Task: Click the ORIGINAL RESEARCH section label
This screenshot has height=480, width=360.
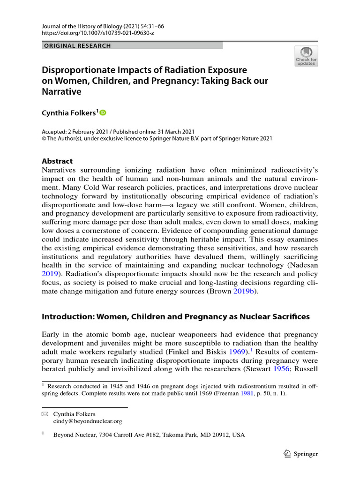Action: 77,46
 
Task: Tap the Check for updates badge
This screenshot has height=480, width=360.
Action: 306,56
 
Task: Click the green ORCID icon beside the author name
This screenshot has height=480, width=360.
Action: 103,112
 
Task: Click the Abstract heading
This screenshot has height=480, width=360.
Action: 58,161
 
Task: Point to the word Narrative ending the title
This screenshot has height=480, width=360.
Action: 62,92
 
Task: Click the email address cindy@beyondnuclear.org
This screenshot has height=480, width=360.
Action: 88,421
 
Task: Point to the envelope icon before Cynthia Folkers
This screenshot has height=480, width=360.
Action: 45,414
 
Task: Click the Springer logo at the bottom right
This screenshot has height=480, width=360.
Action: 301,454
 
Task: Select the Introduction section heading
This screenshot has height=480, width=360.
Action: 176,316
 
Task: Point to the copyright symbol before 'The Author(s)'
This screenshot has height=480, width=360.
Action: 44,139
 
